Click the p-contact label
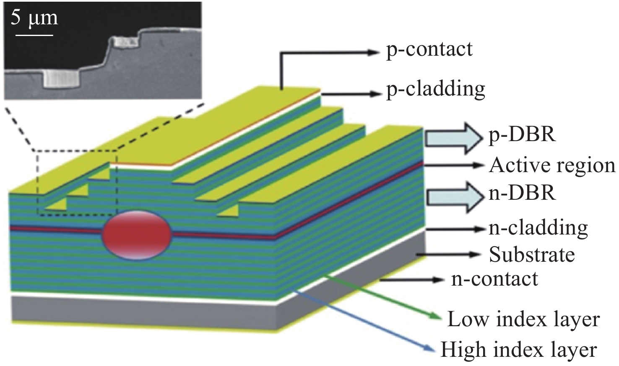429,49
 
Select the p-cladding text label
435,89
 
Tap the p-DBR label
522,135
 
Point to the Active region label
552,165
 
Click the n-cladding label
538,228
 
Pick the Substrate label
531,255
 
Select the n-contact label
494,279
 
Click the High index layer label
518,350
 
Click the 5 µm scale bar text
34,19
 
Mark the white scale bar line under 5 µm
34,35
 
